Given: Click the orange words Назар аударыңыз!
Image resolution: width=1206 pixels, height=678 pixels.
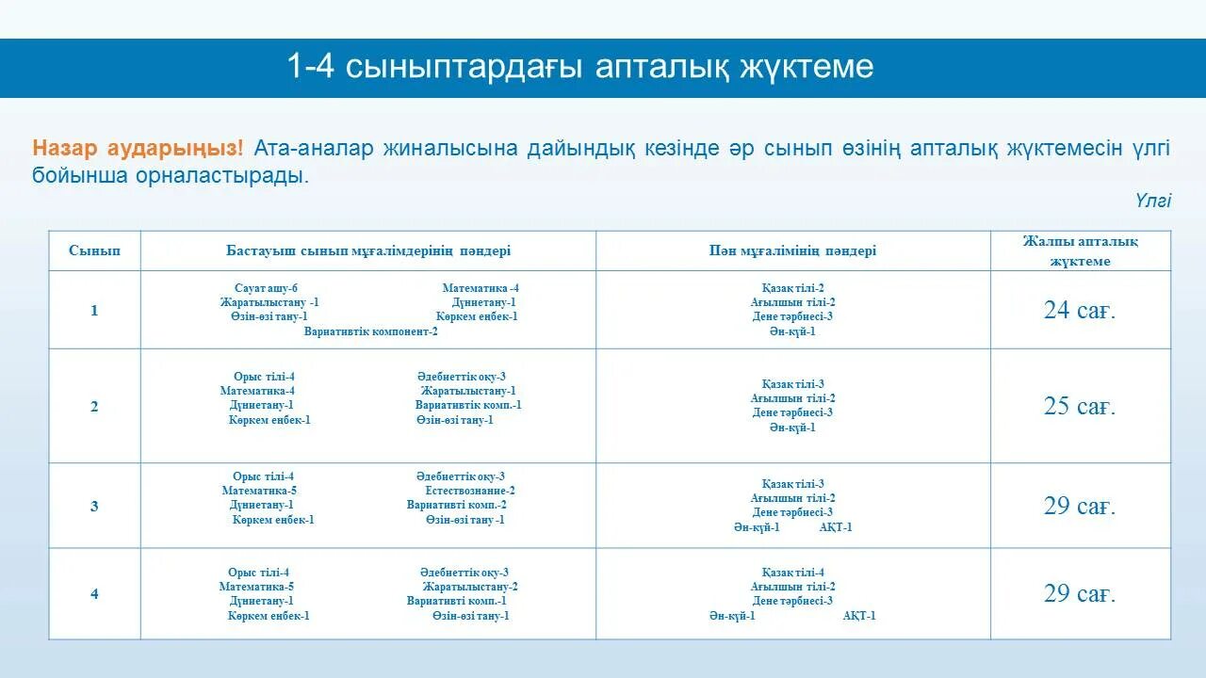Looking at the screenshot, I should [138, 149].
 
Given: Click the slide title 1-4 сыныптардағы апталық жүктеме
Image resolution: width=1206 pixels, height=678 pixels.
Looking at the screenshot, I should [580, 67].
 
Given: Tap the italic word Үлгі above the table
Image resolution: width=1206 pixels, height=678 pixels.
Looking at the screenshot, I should [1152, 201].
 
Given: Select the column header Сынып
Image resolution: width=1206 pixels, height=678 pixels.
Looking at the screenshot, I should [94, 250].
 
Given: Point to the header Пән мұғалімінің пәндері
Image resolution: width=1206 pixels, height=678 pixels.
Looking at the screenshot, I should [792, 250].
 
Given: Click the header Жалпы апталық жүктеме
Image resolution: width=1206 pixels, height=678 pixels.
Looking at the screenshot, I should [1080, 251].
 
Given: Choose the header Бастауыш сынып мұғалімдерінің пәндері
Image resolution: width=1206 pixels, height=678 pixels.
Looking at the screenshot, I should [368, 250].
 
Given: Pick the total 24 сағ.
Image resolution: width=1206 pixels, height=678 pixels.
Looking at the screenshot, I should [1080, 311].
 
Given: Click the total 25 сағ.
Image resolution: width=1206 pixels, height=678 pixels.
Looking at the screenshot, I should [1080, 407].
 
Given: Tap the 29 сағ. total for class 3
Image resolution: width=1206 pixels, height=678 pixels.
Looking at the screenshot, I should [1080, 507].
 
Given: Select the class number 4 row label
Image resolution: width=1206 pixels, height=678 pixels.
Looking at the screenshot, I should [94, 594].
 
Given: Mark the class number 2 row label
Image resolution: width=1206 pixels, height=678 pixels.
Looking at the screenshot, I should [94, 407].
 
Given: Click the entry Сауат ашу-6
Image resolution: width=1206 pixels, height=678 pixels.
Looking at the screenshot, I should [266, 288].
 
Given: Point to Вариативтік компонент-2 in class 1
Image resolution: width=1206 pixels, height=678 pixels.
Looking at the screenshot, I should [370, 331].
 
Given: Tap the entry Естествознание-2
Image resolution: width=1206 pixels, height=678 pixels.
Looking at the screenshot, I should [469, 491].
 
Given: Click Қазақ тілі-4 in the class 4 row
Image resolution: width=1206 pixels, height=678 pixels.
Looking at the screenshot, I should [792, 573].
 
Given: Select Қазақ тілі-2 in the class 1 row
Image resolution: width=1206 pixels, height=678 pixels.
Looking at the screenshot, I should [792, 288].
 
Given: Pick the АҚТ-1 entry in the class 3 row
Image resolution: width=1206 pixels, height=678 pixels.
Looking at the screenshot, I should [835, 527].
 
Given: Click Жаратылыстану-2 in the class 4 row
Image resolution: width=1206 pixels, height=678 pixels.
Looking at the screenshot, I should [469, 587].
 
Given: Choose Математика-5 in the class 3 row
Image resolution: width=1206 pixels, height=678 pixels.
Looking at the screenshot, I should [259, 491].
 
